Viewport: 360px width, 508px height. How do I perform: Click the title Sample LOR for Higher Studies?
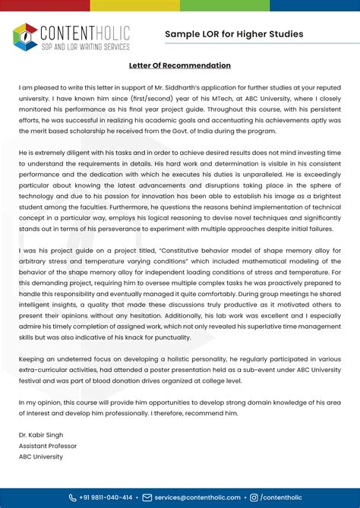(234, 34)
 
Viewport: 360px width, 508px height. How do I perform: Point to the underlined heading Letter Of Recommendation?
(179, 66)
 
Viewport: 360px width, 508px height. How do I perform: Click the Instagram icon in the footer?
(254, 497)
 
